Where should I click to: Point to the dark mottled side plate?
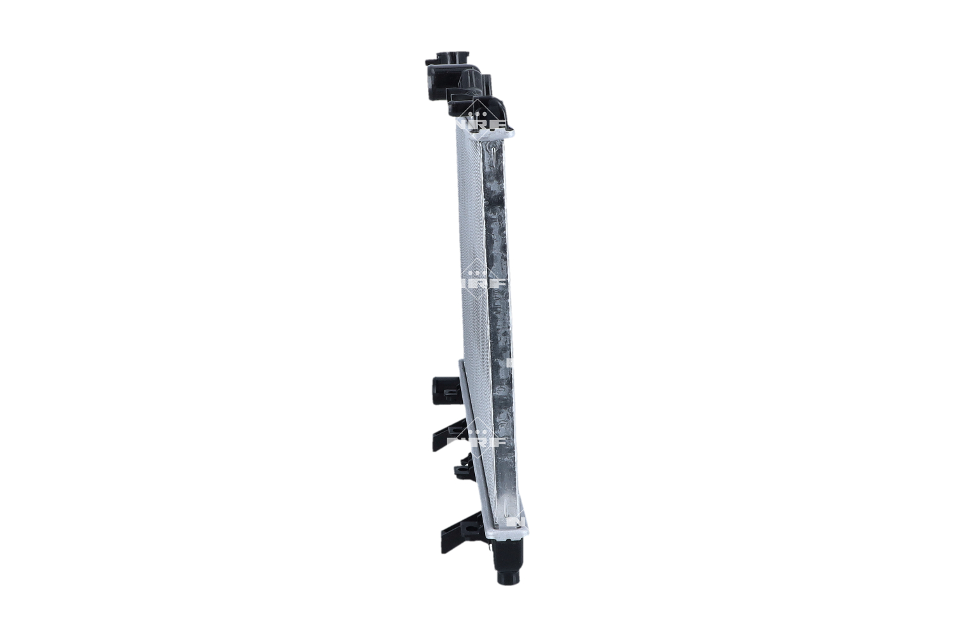(500, 318)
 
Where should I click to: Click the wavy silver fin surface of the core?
(471, 255)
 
